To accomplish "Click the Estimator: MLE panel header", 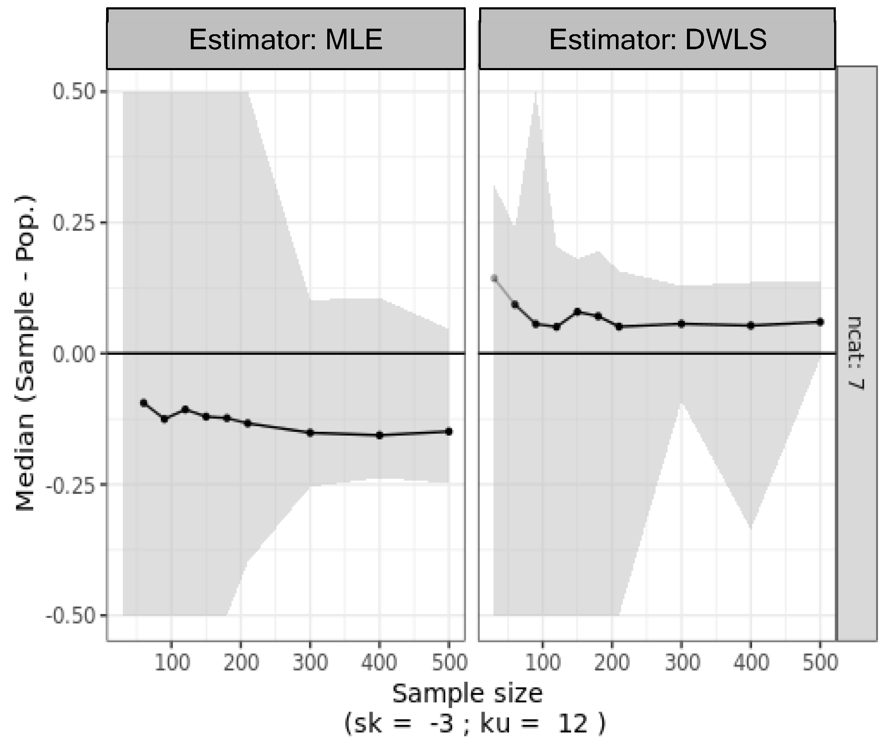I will click(x=285, y=39).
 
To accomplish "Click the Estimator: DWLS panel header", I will click(x=657, y=39).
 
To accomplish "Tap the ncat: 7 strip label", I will click(x=855, y=353).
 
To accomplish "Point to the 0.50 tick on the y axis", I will click(x=73, y=92).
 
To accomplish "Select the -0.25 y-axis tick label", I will click(x=71, y=485).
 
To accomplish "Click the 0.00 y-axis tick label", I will click(x=73, y=354).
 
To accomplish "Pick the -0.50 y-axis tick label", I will click(x=71, y=616).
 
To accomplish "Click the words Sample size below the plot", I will click(x=467, y=694).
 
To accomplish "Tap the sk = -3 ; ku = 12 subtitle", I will click(x=475, y=724).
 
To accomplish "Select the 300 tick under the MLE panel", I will click(x=310, y=663).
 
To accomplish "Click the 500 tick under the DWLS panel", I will click(x=820, y=663).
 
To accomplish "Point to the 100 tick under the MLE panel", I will click(x=172, y=663).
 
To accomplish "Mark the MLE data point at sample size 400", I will click(x=379, y=435).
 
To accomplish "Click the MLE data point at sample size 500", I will click(x=449, y=431).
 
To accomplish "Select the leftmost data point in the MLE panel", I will click(x=144, y=403).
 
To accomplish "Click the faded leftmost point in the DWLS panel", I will click(x=494, y=279).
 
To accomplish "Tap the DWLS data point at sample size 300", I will click(x=681, y=324).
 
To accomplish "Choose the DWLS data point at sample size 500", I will click(x=820, y=322).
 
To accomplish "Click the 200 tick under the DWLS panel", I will click(x=612, y=663).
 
